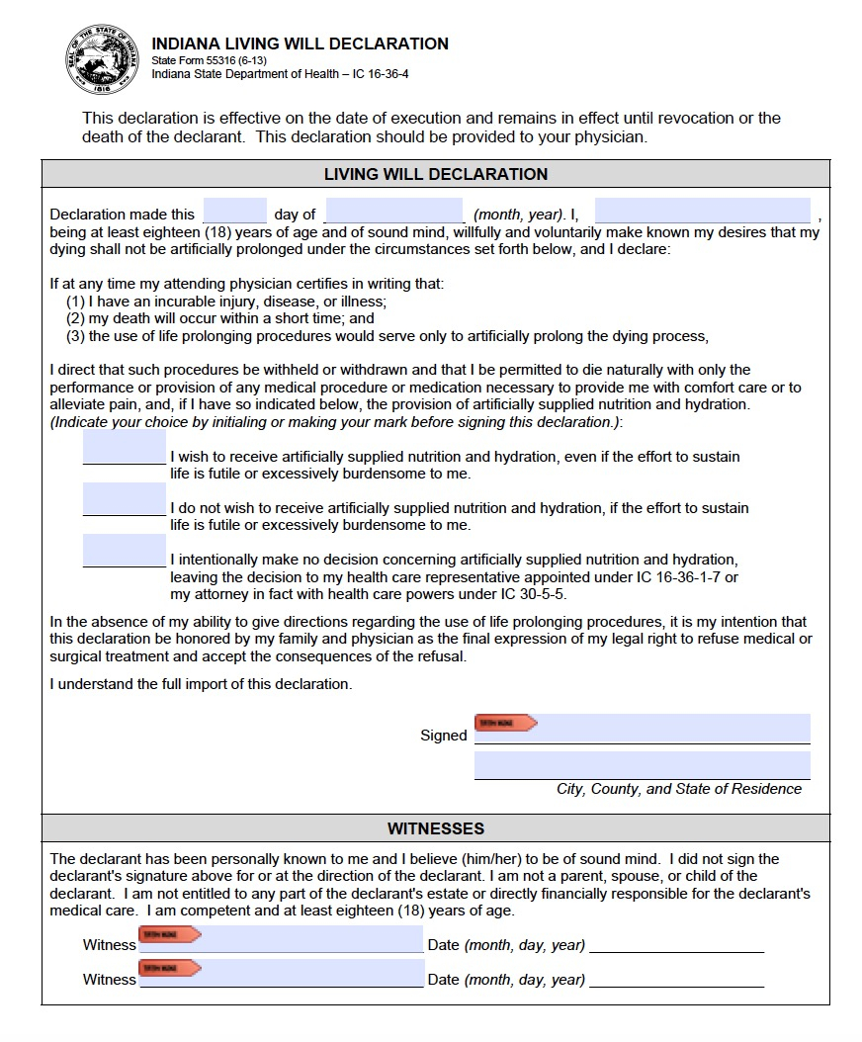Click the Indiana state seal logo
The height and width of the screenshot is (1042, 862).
click(x=104, y=58)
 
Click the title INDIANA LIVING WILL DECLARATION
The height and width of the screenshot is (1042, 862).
click(x=300, y=43)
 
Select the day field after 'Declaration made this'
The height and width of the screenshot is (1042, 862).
click(x=234, y=212)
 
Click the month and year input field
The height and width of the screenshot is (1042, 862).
click(x=393, y=212)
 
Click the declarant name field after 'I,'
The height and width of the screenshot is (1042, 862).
click(x=702, y=212)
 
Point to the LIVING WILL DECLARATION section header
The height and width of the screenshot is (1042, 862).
click(x=435, y=174)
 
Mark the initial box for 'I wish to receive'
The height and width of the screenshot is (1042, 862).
click(x=124, y=447)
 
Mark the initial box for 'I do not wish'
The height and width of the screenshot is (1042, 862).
click(x=124, y=498)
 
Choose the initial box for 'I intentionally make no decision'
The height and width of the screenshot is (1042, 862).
click(x=124, y=551)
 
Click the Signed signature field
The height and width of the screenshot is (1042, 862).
click(x=672, y=728)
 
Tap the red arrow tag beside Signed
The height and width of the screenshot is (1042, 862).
click(x=505, y=724)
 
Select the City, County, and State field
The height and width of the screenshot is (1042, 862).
click(x=642, y=765)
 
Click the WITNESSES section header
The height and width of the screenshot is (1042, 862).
click(x=435, y=828)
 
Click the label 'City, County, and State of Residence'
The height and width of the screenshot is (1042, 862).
click(x=679, y=789)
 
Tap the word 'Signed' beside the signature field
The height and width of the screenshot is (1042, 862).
click(x=443, y=736)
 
